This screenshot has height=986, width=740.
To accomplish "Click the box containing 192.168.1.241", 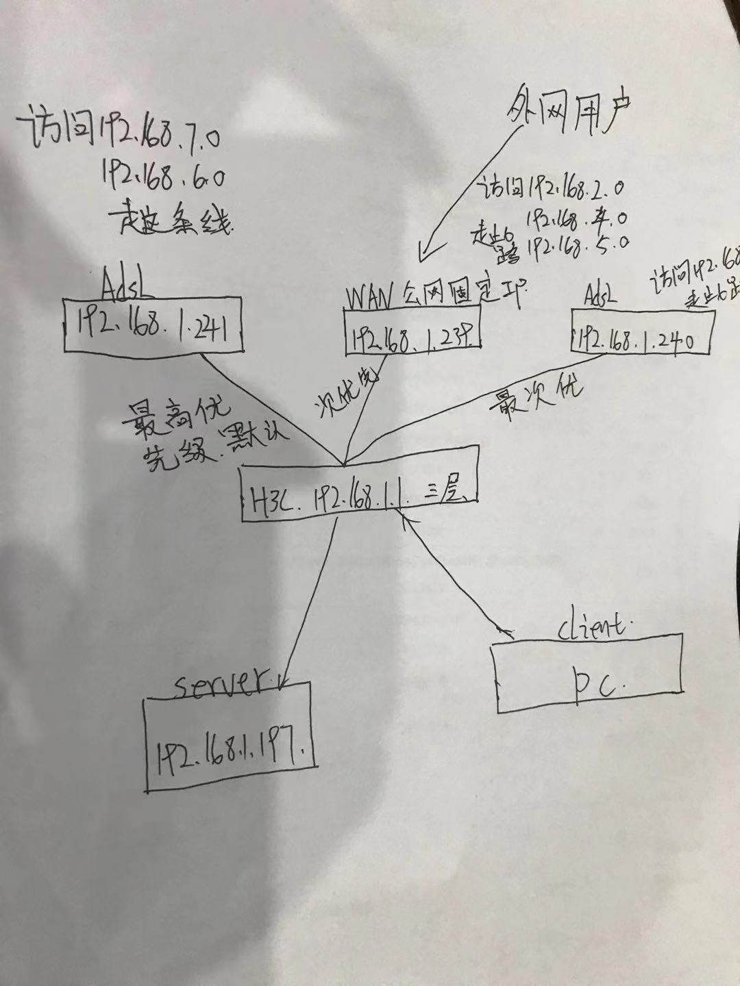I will coord(153,325).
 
